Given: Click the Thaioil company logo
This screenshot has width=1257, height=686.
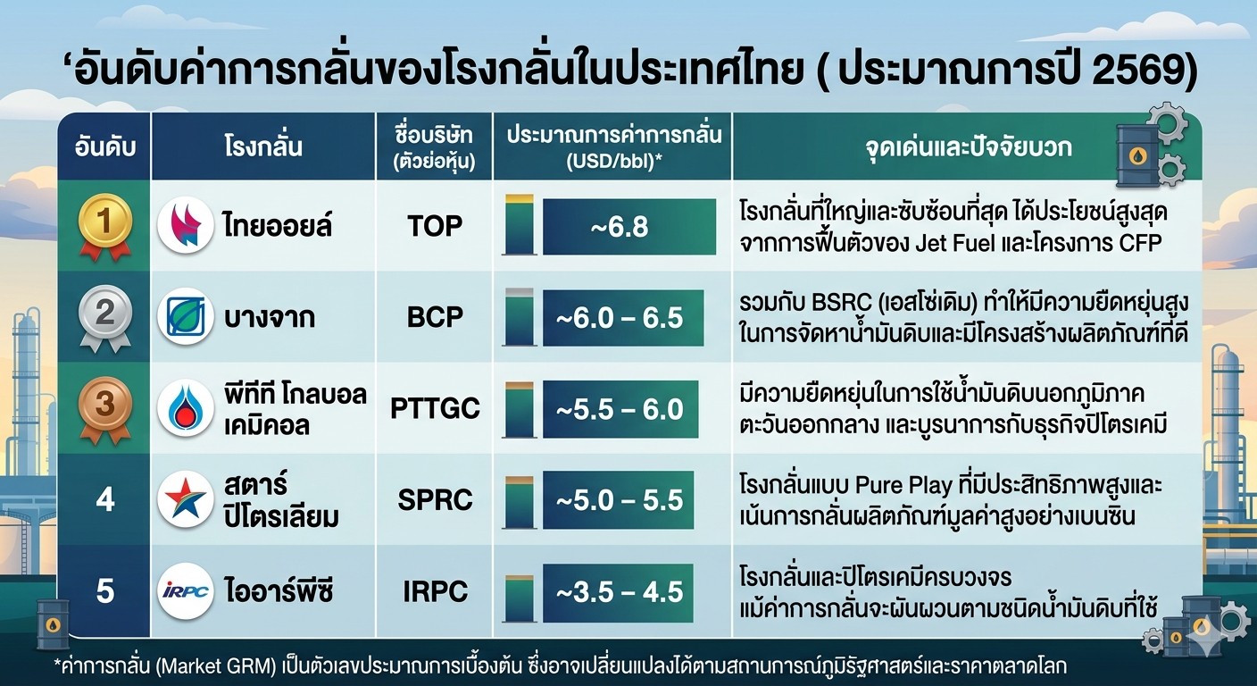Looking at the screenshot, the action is point(186,225).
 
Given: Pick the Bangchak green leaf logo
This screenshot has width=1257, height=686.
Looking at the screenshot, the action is point(186,316).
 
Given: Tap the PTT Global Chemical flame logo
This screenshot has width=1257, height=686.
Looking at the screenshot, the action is point(186,408).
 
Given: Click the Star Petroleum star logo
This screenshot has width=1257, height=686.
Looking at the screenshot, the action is point(186,499).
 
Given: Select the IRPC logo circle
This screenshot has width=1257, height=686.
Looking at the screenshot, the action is point(186,591).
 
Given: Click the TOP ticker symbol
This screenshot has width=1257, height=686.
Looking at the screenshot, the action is point(435,226).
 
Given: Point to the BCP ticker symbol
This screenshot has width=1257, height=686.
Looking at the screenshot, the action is point(435,318).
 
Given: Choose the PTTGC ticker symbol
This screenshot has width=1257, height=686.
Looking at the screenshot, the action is point(435,409).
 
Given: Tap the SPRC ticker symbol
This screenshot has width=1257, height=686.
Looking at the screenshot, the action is point(435,499).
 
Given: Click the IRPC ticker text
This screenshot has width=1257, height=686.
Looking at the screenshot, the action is point(435,591).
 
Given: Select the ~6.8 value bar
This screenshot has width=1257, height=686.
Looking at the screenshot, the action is point(629,227).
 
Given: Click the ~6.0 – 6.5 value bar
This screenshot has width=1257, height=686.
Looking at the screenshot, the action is point(623,318).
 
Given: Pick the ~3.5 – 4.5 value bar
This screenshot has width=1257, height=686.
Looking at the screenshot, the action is point(618,593).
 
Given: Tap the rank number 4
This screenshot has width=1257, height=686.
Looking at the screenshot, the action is point(105,499).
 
